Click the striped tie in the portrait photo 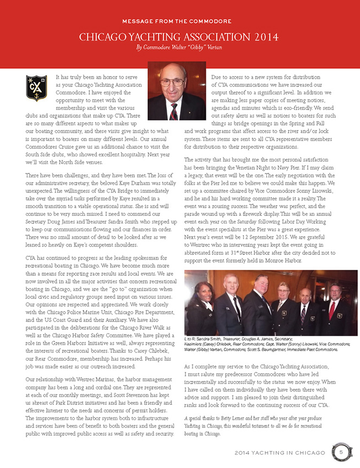coord(173,111)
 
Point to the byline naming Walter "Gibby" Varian coord(179,48)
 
